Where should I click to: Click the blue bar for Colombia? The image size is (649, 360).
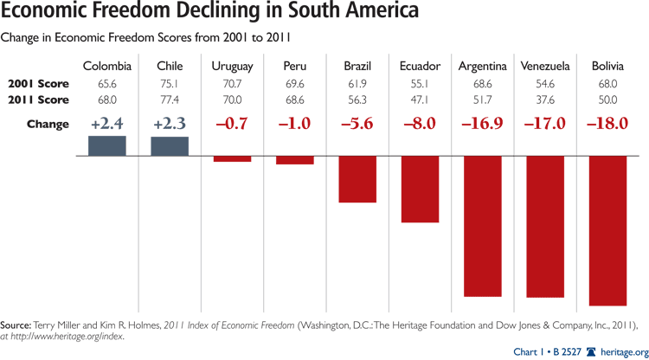pyautogui.click(x=106, y=146)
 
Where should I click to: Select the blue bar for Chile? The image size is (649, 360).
pyautogui.click(x=170, y=147)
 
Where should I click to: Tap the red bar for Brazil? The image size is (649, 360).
pyautogui.click(x=357, y=179)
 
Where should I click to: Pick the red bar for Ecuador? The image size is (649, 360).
pyautogui.click(x=420, y=190)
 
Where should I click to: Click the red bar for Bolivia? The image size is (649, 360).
pyautogui.click(x=607, y=230)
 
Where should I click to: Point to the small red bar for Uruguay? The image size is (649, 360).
pyautogui.click(x=232, y=159)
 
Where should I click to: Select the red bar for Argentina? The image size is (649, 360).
pyautogui.click(x=483, y=226)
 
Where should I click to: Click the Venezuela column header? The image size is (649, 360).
pyautogui.click(x=545, y=67)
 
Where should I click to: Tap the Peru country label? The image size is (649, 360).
pyautogui.click(x=295, y=67)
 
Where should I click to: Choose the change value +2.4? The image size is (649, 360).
pyautogui.click(x=106, y=124)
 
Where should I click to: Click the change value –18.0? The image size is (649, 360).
pyautogui.click(x=607, y=124)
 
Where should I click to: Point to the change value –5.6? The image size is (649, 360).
pyautogui.click(x=357, y=124)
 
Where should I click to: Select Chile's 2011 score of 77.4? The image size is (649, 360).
pyautogui.click(x=170, y=100)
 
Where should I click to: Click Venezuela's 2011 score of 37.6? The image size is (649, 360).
pyautogui.click(x=545, y=100)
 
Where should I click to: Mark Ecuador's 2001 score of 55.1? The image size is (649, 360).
pyautogui.click(x=420, y=84)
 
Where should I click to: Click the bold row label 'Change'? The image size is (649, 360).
pyautogui.click(x=48, y=124)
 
